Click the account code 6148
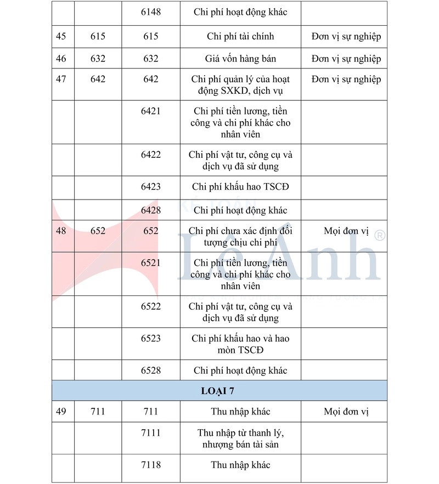coord(151,13)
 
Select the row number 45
coord(61,36)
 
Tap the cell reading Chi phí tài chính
coord(240,36)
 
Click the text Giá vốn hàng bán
coord(240,59)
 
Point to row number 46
coord(61,59)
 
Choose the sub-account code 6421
coord(151,111)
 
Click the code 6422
coord(151,155)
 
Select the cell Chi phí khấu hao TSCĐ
coord(240,187)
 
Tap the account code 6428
coord(151,210)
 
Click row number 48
coord(61,231)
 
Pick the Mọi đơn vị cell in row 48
coord(346,231)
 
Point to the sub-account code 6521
coord(151,263)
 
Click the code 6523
coord(151,338)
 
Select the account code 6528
coord(151,371)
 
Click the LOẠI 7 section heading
coord(219,391)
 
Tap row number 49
coord(61,411)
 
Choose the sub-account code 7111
coord(151,433)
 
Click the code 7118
coord(151,465)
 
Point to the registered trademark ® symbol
coord(379,235)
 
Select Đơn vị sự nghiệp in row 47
coord(346,79)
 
